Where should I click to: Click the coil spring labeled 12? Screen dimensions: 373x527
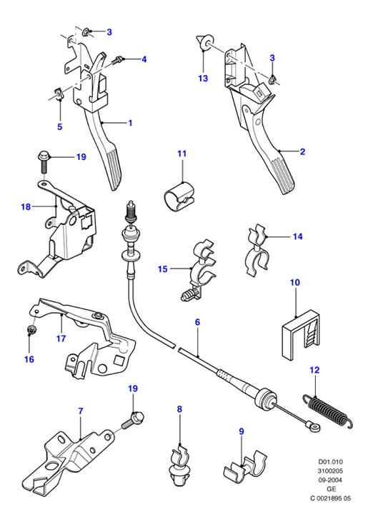tap(328, 411)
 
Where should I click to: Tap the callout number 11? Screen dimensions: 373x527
tap(182, 154)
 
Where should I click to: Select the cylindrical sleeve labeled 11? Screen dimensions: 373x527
tap(179, 196)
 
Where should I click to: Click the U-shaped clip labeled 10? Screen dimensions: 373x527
tap(300, 335)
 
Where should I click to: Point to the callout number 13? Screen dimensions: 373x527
tap(203, 79)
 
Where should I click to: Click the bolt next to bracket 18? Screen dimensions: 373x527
tap(44, 162)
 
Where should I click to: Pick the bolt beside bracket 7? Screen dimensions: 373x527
tap(132, 421)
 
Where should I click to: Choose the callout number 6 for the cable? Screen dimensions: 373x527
tap(197, 322)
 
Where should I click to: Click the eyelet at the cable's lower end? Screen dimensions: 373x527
tap(315, 427)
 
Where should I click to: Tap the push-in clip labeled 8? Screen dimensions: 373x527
tap(178, 465)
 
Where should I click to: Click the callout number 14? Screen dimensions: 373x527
tap(298, 236)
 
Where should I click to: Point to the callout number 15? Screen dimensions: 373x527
tap(162, 269)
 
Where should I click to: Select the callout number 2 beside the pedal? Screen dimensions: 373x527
tap(302, 151)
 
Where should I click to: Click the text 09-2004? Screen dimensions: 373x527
tap(331, 481)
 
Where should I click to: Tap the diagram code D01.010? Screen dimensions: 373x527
tap(331, 462)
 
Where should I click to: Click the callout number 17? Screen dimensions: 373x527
tap(61, 338)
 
